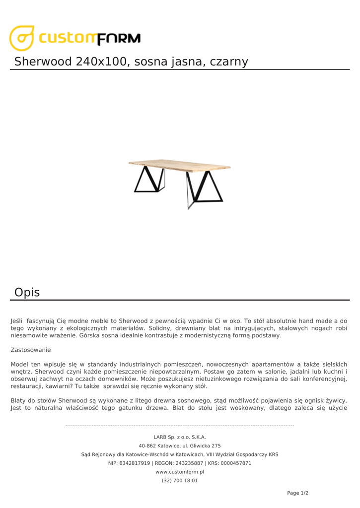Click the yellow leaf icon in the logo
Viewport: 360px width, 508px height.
(x=22, y=38)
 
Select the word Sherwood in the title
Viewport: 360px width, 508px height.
(x=43, y=62)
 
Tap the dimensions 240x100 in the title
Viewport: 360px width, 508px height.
(x=102, y=62)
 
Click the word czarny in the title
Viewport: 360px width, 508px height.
(x=228, y=62)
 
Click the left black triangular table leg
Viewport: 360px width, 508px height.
(x=148, y=180)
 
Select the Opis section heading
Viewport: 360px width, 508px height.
(x=27, y=292)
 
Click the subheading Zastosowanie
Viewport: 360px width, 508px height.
(x=31, y=350)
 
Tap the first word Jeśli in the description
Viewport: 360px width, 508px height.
(x=17, y=321)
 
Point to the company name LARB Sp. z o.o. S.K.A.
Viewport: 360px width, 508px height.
(x=180, y=437)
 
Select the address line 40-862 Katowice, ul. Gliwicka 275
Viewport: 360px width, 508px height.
(x=180, y=445)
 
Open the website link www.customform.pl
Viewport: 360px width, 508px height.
(x=180, y=472)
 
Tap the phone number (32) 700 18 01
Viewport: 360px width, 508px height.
(x=180, y=480)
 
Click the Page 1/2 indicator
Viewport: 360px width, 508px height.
(x=297, y=493)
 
